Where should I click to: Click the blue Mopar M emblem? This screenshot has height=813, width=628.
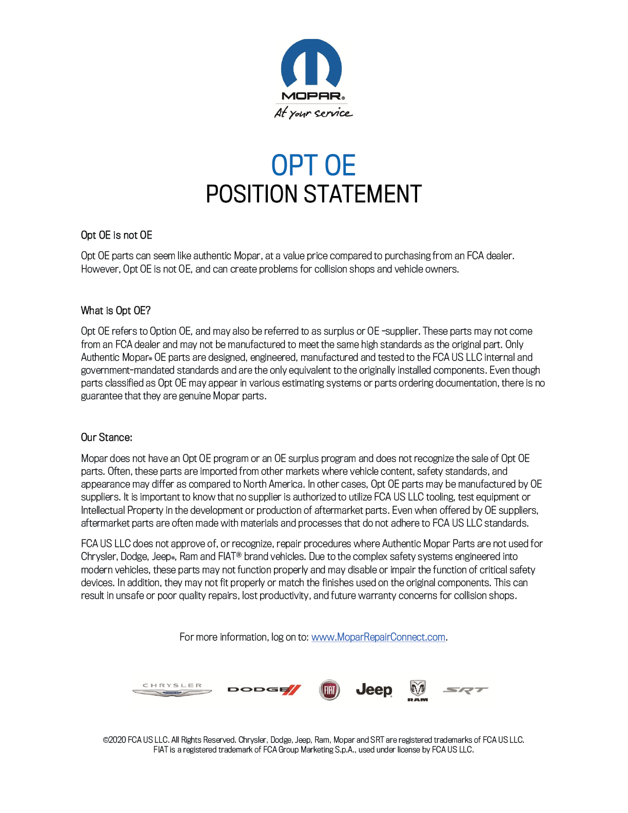(x=311, y=63)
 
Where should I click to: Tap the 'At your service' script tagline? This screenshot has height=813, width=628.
(x=313, y=112)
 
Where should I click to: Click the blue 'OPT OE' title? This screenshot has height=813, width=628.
(x=313, y=165)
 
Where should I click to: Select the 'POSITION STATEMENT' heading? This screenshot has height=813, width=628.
(x=313, y=195)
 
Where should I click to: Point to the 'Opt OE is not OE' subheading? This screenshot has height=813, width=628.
(x=116, y=235)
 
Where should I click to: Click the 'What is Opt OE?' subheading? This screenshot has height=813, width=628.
(x=115, y=311)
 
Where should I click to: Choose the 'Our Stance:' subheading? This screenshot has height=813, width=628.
(x=106, y=437)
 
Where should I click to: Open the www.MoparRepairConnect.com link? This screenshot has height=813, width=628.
(x=378, y=637)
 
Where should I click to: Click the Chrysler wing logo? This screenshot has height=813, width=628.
(x=172, y=690)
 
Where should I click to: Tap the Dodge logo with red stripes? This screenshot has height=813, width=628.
(x=264, y=690)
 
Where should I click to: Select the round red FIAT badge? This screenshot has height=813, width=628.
(x=329, y=690)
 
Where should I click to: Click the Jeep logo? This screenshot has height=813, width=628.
(x=374, y=690)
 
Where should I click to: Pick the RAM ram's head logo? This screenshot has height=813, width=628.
(x=418, y=690)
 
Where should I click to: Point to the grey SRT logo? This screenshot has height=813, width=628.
(x=465, y=690)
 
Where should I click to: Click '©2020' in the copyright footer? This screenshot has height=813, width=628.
(x=114, y=740)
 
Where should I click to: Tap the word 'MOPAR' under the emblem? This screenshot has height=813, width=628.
(x=311, y=96)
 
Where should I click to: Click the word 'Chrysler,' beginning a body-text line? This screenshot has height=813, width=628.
(x=99, y=556)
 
